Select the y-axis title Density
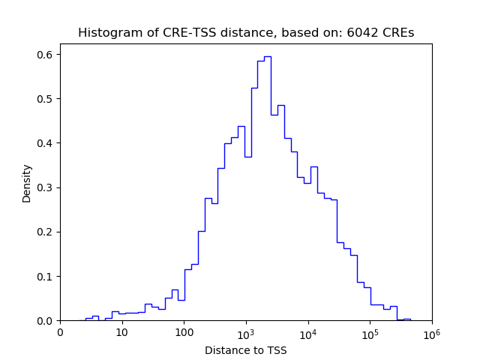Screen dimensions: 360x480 (x=27, y=183)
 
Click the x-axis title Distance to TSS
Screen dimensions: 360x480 (x=246, y=350)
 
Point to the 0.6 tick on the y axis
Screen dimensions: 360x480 (x=46, y=55)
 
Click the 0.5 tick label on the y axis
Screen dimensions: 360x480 (x=46, y=99)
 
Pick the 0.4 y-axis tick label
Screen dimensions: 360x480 (x=46, y=143)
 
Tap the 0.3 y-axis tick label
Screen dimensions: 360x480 (x=46, y=187)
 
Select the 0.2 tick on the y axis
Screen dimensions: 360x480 (x=46, y=232)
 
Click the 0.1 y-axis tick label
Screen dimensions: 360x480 (x=46, y=276)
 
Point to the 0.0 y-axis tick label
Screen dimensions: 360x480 (x=46, y=321)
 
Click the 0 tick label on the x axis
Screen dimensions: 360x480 (x=60, y=332)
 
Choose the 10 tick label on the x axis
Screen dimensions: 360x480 (x=121, y=332)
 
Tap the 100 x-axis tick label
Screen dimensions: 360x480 (x=184, y=332)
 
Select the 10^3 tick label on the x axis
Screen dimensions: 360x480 (x=246, y=331)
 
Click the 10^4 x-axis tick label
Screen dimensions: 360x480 (x=307, y=331)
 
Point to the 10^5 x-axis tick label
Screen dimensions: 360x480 (x=370, y=331)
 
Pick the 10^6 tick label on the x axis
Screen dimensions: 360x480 (x=431, y=331)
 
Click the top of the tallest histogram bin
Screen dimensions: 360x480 (x=267, y=56)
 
